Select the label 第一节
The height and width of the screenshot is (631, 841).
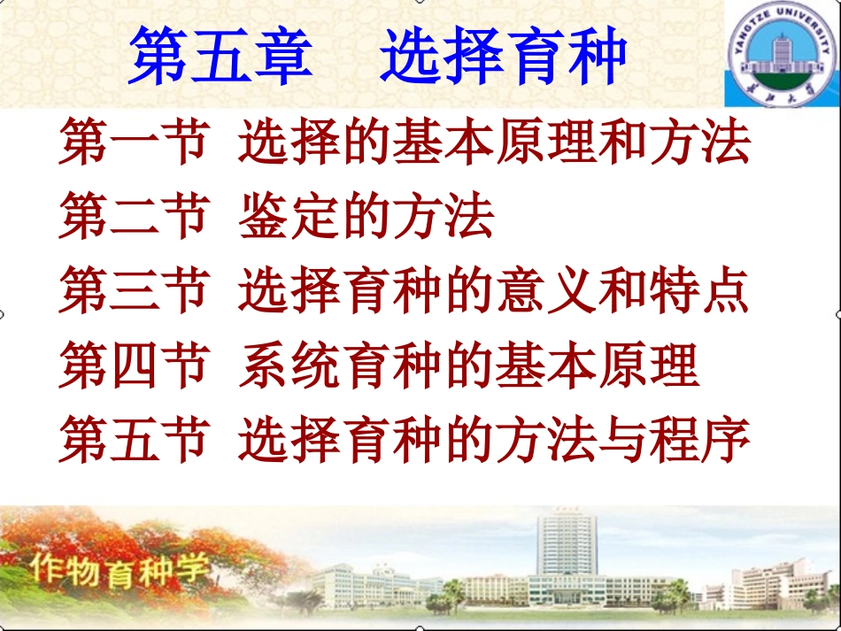tap(133, 144)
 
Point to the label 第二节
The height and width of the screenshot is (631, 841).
tap(133, 218)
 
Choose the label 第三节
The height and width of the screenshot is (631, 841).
tap(133, 292)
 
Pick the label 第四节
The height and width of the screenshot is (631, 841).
tap(133, 366)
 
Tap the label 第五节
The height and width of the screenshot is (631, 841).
tap(133, 440)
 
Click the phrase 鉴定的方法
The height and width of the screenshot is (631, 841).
tap(366, 218)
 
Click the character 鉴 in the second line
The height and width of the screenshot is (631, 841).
tap(263, 218)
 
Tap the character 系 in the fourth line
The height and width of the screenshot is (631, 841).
tap(263, 366)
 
